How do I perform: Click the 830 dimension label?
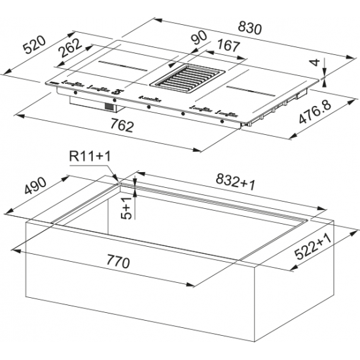pos(249,27)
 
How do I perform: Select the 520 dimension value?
pos(35,45)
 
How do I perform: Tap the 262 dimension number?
pos(70,48)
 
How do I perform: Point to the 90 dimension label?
pos(199,37)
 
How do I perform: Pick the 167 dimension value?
pos(228,46)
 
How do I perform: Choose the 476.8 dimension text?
pos(315,112)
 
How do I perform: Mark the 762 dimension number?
pos(122,126)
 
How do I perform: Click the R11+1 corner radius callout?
pos(90,156)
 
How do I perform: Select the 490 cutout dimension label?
pos(35,185)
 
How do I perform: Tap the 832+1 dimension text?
pos(236,182)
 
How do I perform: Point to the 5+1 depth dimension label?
pos(127,208)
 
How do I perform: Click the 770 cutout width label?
pos(118,262)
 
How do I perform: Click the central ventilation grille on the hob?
pos(188,79)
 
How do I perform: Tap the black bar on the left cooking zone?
pos(123,66)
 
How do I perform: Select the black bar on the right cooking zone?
pos(251,91)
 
